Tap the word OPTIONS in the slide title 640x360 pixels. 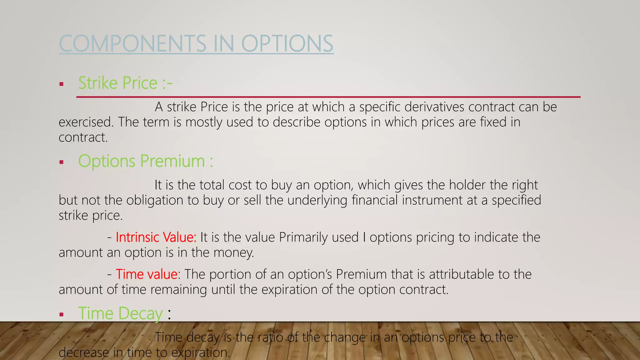point(287,43)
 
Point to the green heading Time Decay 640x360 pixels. point(120,313)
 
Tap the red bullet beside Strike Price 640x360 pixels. point(62,84)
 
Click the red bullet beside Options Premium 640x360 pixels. point(62,162)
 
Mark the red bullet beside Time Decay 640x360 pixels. point(62,314)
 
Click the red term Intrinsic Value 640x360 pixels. point(156,237)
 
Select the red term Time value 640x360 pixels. point(147,274)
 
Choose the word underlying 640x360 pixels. point(317,200)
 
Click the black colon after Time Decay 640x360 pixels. point(169,314)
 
